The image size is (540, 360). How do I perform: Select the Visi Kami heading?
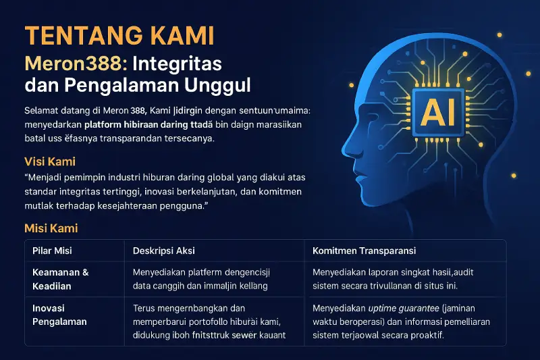(49, 161)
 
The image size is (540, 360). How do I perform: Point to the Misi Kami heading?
(51, 228)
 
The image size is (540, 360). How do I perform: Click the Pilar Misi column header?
(53, 251)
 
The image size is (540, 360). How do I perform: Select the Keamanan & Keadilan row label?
(61, 279)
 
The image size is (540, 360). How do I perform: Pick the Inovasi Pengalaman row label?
(59, 315)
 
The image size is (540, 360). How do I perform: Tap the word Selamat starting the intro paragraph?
(42, 110)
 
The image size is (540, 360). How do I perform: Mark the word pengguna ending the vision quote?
(184, 205)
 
